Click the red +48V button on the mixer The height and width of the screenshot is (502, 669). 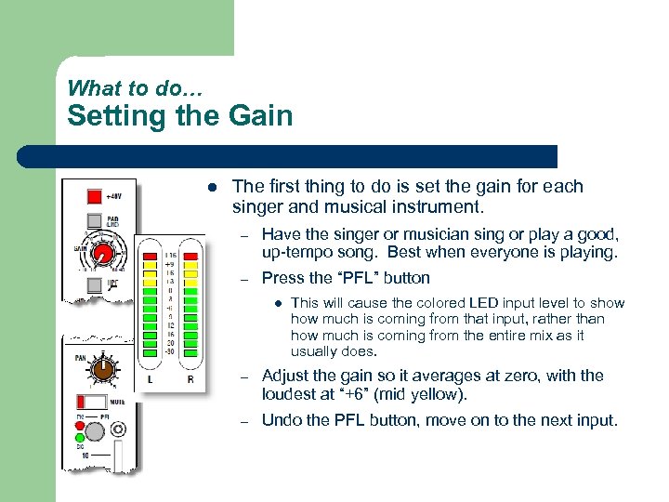pyautogui.click(x=94, y=197)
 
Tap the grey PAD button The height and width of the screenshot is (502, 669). pyautogui.click(x=94, y=221)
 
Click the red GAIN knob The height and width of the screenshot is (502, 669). pyautogui.click(x=104, y=253)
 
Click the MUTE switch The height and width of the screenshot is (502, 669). pyautogui.click(x=93, y=403)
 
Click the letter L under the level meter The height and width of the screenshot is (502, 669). pyautogui.click(x=150, y=379)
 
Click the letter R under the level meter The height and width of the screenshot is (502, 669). pyautogui.click(x=190, y=379)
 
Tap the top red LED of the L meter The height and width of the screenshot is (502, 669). pyautogui.click(x=150, y=255)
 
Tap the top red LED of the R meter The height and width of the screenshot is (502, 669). pyautogui.click(x=190, y=255)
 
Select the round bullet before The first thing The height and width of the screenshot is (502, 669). pyautogui.click(x=213, y=187)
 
